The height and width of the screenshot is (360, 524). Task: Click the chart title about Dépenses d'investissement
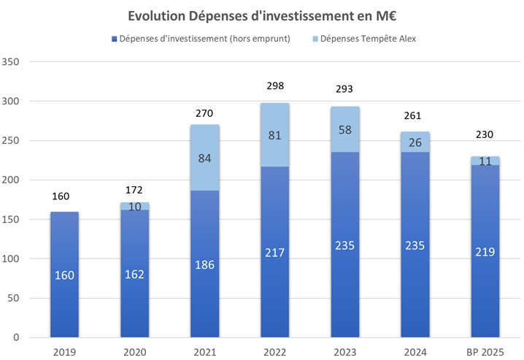point(262,16)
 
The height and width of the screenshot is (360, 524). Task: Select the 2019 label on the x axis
point(64,351)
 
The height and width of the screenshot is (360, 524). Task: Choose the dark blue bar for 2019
point(64,274)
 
